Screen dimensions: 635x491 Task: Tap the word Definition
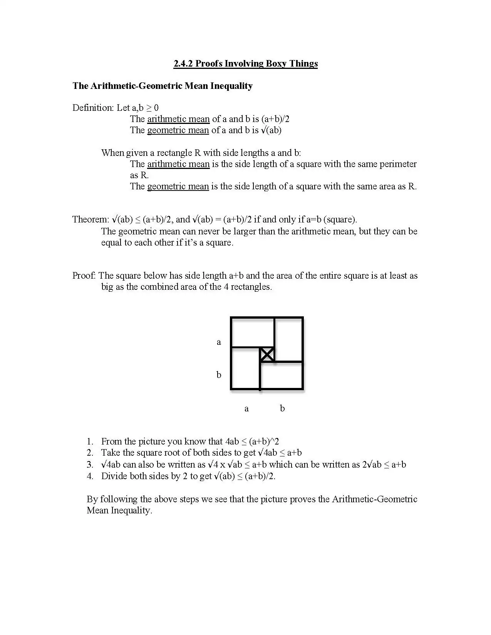tap(93, 108)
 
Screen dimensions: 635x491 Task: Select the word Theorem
tap(90, 219)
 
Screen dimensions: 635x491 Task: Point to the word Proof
tap(84, 276)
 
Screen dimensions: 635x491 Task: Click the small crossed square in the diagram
tap(267, 354)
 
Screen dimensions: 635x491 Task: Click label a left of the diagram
tap(219, 342)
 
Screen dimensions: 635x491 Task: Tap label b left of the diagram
tap(219, 374)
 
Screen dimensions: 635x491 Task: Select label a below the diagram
tap(246, 408)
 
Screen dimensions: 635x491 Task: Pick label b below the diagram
tap(282, 408)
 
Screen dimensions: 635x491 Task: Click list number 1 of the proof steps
tap(90, 441)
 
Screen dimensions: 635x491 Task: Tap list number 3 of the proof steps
tap(90, 465)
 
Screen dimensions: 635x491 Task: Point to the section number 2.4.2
tap(183, 63)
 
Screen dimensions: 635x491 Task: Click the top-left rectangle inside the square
tap(252, 332)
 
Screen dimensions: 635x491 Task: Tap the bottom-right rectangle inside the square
tap(282, 375)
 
